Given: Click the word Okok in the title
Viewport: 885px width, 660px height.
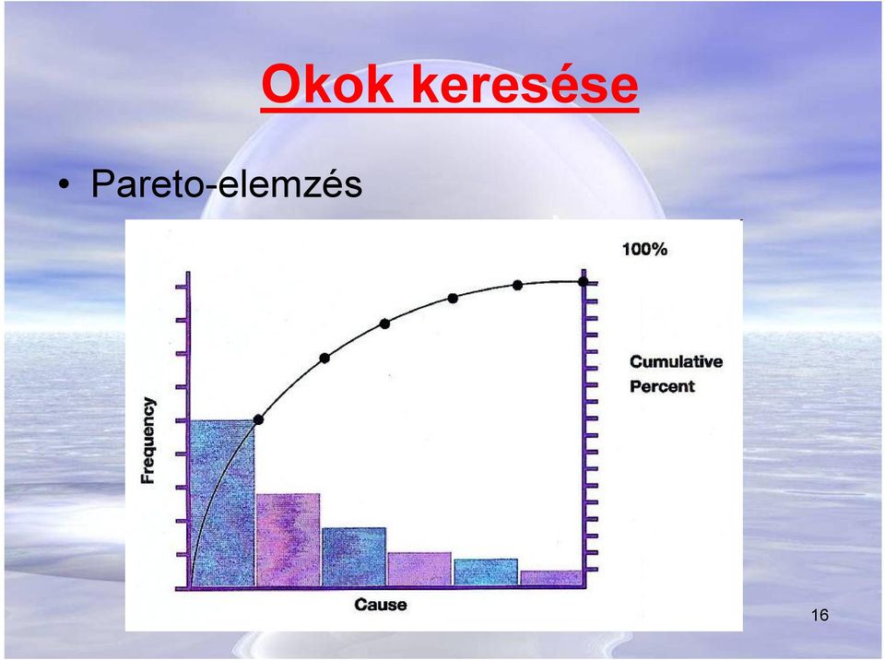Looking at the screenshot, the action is (327, 84).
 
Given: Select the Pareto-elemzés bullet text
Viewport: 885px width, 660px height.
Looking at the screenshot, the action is (227, 183).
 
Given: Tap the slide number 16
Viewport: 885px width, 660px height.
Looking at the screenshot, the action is (820, 615).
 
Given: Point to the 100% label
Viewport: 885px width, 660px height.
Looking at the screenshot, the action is (644, 249).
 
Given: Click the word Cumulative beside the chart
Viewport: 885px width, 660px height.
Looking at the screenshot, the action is (676, 361).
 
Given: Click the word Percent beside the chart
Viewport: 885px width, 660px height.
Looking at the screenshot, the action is (662, 387).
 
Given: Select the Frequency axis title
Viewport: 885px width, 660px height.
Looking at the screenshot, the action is (147, 441).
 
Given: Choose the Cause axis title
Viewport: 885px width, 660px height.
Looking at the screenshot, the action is (381, 605).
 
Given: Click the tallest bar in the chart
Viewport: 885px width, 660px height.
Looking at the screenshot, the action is (222, 503).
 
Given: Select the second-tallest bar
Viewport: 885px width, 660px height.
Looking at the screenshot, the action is (288, 540).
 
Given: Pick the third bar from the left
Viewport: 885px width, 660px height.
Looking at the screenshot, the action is (354, 557).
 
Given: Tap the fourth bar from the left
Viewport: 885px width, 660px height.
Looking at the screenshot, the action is (419, 569).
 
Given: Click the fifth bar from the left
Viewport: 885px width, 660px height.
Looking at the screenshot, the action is (486, 572).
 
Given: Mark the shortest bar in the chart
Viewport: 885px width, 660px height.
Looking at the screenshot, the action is (551, 578).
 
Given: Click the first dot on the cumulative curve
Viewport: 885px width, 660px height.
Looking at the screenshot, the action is (258, 419).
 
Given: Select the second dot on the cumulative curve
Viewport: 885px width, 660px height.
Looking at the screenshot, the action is (324, 358).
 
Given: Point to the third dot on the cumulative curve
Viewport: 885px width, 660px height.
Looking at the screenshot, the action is (385, 324).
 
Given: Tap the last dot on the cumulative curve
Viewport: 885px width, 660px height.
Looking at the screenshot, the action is (584, 281).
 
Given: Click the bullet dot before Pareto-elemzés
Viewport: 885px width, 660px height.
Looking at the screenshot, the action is (65, 184).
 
